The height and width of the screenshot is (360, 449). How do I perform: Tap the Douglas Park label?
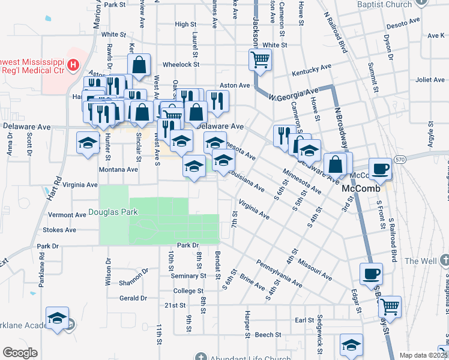pos(113,212)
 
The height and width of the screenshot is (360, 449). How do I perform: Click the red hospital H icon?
pos(73,64)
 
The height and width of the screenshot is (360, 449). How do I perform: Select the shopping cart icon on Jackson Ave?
pos(261,59)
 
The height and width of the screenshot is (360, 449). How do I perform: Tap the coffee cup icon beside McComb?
pos(380,169)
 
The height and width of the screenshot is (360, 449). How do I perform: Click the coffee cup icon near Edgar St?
pos(371,274)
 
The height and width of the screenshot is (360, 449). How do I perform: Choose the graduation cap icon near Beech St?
pos(351,344)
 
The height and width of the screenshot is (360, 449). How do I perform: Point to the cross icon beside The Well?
pos(444,261)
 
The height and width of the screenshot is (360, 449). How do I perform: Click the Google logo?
pos(20,353)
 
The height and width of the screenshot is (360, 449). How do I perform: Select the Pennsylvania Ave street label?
pos(279,273)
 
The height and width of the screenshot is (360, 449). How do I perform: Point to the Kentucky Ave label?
pos(312,70)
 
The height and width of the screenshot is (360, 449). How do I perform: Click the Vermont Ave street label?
pos(67,215)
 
